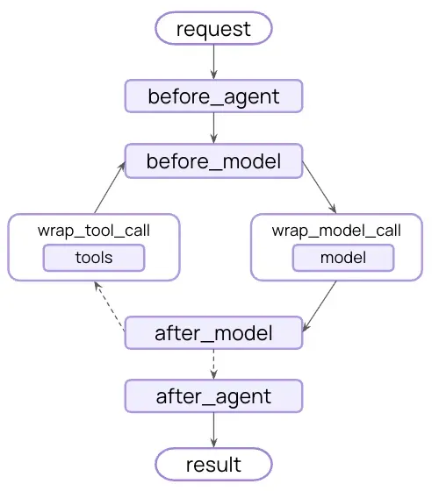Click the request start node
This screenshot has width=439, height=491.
click(213, 28)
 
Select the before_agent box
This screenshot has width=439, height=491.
click(213, 96)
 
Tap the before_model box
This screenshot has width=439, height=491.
click(213, 161)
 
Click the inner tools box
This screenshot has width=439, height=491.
click(94, 258)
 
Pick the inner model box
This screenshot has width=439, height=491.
click(342, 258)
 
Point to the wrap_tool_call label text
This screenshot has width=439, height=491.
click(94, 231)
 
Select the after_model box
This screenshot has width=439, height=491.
click(213, 333)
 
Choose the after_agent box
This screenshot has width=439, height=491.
click(213, 395)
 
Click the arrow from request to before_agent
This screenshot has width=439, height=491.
click(213, 61)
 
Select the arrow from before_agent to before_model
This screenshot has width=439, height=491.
click(213, 128)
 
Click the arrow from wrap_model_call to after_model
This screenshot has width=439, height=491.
click(320, 306)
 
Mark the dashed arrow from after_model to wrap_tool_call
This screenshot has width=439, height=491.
click(110, 307)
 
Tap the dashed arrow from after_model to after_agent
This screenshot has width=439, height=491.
click(213, 364)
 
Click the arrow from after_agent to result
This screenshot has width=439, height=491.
click(213, 429)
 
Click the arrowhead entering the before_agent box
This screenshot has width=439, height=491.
click(213, 75)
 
